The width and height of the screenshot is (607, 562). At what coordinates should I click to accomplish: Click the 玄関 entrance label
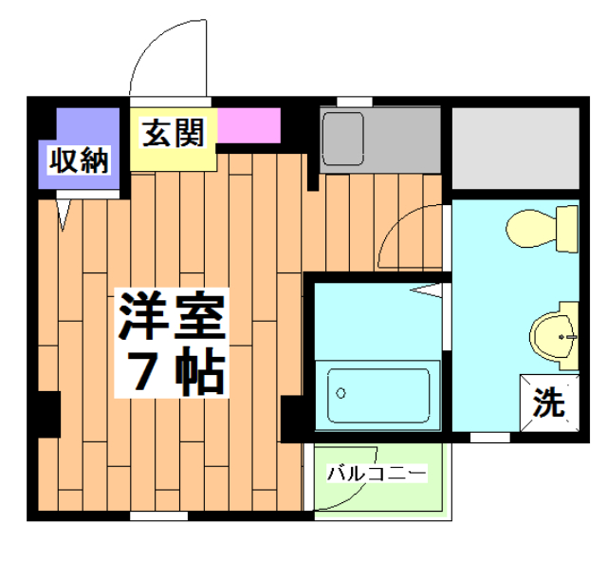[174, 134]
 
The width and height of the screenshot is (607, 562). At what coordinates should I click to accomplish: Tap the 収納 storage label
[79, 161]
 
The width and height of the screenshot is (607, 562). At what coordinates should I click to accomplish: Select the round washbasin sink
[554, 334]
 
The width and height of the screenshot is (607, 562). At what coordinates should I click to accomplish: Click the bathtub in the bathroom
[379, 393]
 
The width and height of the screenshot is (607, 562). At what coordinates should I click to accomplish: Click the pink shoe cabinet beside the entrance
[249, 124]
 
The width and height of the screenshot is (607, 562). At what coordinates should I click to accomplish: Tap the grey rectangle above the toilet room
[514, 148]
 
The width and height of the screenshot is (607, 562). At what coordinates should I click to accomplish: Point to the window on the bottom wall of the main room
[157, 516]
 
